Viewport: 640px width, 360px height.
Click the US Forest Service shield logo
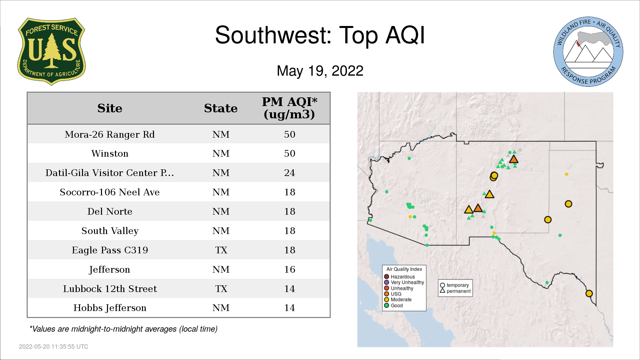51,51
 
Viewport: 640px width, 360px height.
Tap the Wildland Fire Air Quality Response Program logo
588,52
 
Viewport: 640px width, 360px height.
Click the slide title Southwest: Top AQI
320,35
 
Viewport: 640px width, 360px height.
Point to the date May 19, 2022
320,71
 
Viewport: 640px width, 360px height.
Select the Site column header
110,108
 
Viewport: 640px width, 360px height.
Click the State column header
221,108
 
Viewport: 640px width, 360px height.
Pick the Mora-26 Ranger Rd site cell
110,134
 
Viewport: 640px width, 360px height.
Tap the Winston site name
110,153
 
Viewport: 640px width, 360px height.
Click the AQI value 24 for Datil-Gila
290,173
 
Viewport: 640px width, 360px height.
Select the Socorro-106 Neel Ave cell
110,192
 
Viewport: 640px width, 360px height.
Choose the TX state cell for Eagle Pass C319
221,250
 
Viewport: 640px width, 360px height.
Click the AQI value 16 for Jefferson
290,269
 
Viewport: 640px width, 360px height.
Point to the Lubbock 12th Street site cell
110,289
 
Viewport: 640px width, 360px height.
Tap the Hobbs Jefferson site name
110,308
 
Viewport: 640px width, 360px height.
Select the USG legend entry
393,294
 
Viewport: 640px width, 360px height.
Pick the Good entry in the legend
393,305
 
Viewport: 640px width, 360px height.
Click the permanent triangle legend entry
455,291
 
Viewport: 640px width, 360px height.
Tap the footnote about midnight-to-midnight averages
123,329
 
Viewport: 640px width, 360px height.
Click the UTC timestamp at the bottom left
54,347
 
